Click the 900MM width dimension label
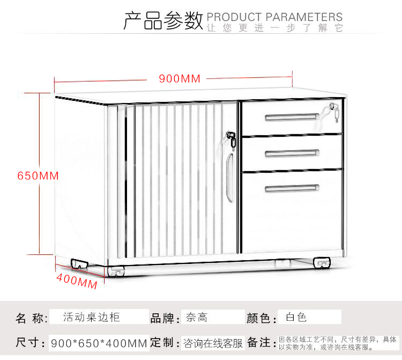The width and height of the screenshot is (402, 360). point(180,78)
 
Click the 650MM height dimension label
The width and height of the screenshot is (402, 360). point(38,176)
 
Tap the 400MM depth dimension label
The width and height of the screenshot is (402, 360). point(77,281)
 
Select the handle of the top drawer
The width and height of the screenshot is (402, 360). point(292,117)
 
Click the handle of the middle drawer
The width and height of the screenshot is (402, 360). point(292,153)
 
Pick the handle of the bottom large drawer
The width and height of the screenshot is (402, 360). point(292,189)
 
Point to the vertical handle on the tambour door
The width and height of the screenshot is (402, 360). point(230,178)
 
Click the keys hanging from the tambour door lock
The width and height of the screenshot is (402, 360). point(232,140)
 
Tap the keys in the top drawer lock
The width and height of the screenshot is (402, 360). point(334,112)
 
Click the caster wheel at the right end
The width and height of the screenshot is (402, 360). point(322,263)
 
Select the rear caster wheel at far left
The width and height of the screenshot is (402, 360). point(79,264)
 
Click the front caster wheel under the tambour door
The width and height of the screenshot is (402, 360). point(116,271)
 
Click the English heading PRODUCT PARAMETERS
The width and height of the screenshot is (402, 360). point(274,17)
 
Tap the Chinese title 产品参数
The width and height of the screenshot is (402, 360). point(163,20)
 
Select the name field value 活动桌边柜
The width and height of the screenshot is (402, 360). point(92,317)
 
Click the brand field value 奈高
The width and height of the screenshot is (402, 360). point(197,318)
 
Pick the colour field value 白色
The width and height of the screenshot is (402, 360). point(296,318)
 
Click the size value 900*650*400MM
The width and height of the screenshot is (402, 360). point(99,343)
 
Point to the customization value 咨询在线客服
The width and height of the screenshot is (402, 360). point(213,343)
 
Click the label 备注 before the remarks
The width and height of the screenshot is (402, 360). point(259,342)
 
